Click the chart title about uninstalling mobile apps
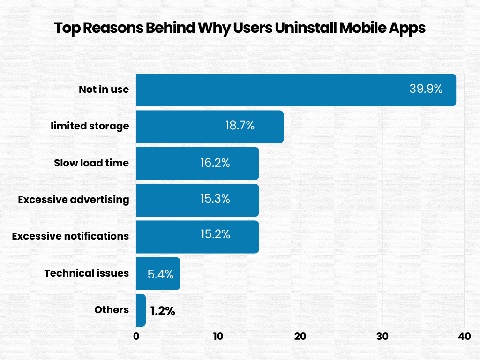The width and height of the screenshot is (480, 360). point(240,28)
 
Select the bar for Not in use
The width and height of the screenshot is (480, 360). point(272,90)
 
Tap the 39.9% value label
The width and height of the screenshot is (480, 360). point(426,89)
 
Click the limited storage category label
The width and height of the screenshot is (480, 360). point(90,126)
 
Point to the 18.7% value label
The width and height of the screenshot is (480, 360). point(240,126)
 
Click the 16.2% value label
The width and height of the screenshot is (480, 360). point(215,163)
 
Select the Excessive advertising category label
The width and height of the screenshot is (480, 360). point(73,199)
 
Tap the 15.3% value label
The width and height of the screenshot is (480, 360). point(215,199)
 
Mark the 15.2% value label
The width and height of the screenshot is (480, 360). point(215,235)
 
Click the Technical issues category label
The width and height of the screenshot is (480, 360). point(86,273)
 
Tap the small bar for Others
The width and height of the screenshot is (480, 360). point(141,310)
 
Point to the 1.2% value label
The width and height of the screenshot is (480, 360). point(163,311)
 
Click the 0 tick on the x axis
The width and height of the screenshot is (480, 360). point(136,336)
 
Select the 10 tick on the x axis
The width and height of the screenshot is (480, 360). point(218,336)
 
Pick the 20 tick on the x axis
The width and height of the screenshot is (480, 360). point(300,336)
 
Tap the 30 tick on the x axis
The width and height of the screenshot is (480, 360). point(382,336)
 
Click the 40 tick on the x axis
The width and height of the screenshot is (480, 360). point(464,336)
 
